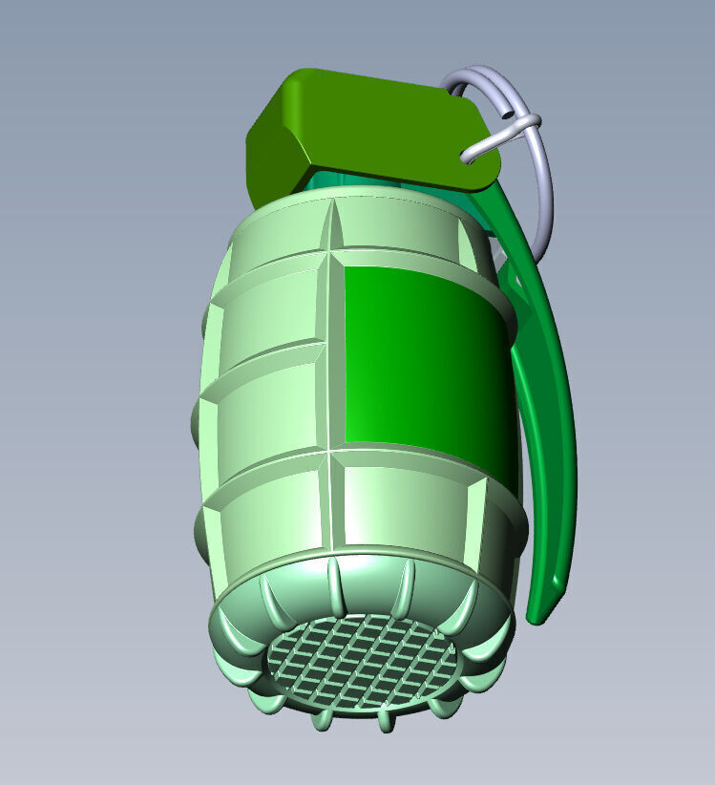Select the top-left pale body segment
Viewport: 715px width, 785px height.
(x=282, y=234)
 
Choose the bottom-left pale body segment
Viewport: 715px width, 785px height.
(x=267, y=516)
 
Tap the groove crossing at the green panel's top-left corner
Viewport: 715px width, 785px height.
(x=333, y=253)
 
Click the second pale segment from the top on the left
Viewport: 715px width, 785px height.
(x=272, y=310)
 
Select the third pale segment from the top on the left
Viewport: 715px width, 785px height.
(x=267, y=411)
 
